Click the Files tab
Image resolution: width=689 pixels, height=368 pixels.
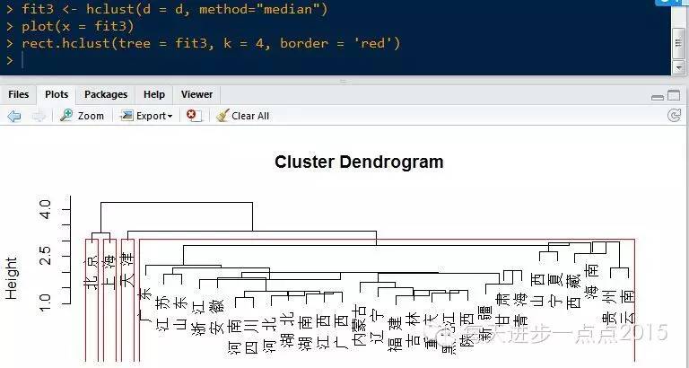[x=18, y=94]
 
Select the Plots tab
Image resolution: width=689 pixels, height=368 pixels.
[x=57, y=94]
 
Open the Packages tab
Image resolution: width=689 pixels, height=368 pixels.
[x=106, y=94]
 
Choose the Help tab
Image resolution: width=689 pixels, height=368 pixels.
[x=153, y=94]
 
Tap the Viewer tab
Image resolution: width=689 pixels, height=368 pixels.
[x=196, y=94]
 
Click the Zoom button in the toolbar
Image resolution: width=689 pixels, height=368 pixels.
[x=82, y=116]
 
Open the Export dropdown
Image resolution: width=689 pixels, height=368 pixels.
[x=147, y=116]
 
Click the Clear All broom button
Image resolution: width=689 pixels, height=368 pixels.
[x=242, y=116]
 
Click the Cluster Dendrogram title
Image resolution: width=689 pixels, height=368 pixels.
[x=358, y=162]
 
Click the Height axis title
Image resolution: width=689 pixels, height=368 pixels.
[x=12, y=277]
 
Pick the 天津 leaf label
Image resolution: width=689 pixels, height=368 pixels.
[x=128, y=268]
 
